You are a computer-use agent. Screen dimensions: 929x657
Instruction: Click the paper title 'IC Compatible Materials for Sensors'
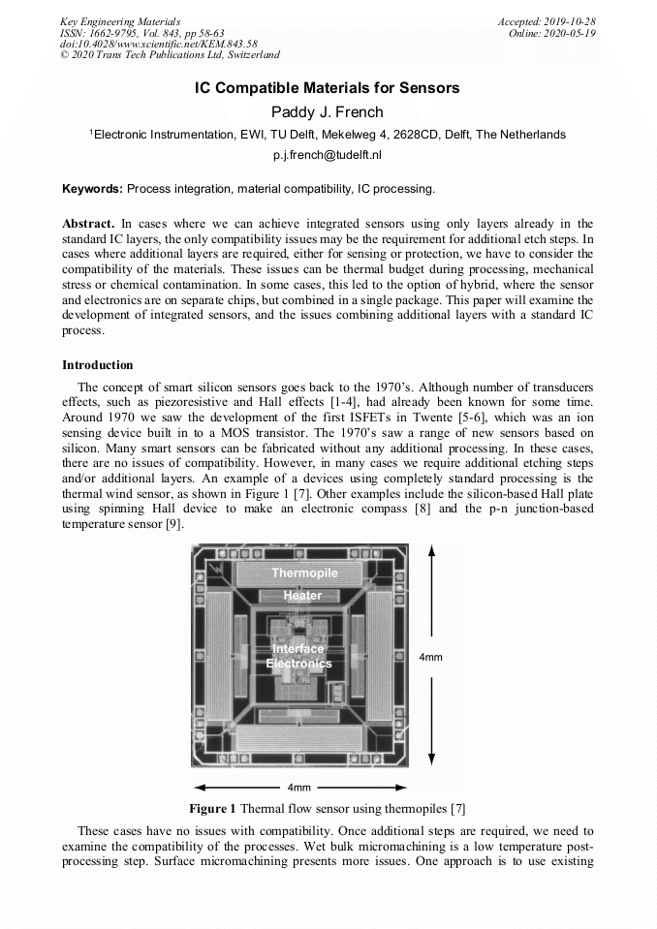pos(328,88)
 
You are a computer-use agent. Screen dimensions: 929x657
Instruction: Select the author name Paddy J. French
pos(328,112)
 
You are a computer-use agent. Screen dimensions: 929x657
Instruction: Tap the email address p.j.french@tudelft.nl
pos(328,154)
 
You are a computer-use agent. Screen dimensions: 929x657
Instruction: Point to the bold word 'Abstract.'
pos(89,223)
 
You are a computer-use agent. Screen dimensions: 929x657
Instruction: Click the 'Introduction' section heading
pos(98,365)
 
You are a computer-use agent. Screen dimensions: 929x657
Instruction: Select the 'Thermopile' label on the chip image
pos(304,573)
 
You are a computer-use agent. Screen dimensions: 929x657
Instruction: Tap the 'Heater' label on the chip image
pos(302,596)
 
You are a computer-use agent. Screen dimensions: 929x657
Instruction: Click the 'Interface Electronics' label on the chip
pos(299,656)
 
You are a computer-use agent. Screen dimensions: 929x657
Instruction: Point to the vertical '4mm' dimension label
pos(430,657)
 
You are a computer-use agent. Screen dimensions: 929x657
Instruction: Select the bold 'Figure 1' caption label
pos(212,808)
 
